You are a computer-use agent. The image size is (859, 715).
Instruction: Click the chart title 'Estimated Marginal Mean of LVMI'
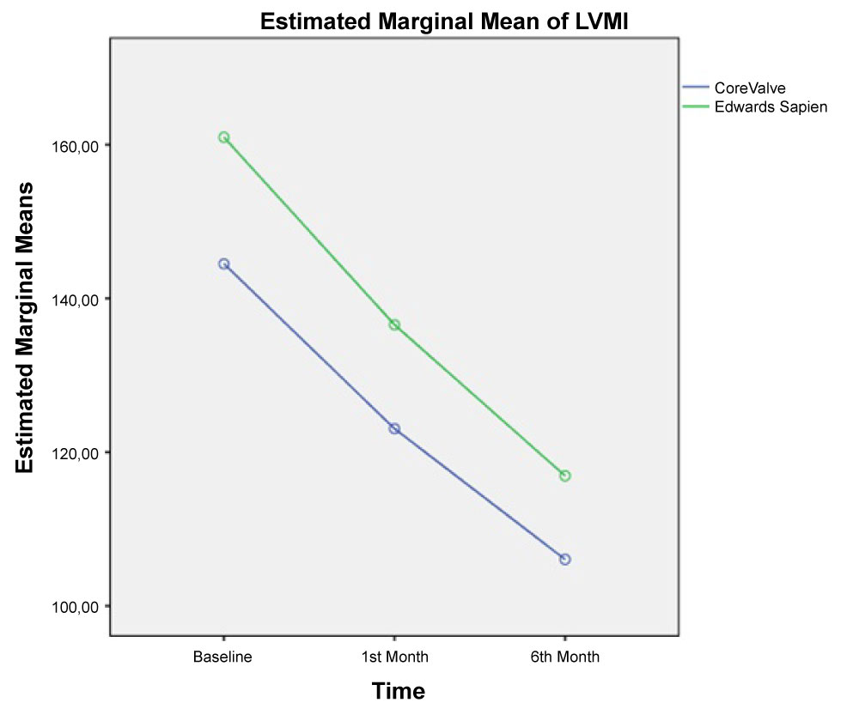pos(447,23)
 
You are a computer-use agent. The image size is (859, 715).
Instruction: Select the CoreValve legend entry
pos(750,88)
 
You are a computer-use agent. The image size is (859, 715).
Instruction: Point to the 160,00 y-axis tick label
pos(72,146)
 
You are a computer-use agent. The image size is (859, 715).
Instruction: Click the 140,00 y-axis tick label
pos(72,300)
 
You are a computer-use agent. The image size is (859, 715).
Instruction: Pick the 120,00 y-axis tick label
pos(72,453)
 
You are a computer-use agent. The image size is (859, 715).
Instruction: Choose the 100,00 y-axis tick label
pos(72,607)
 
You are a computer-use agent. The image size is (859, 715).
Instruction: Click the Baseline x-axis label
pos(222,657)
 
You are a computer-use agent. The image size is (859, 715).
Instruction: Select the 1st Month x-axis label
pos(393,657)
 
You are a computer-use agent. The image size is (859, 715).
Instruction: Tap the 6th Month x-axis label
pos(564,657)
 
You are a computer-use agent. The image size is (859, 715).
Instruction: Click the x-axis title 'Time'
pos(398,691)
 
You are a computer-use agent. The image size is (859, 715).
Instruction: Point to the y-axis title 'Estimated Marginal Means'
pos(25,327)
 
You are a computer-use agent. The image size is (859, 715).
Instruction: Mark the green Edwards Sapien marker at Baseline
pos(223,137)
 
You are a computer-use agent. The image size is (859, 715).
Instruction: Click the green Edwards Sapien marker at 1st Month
pos(394,325)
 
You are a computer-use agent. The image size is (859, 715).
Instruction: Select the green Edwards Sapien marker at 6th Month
pos(565,476)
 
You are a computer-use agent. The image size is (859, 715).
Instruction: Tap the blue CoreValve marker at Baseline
pos(223,264)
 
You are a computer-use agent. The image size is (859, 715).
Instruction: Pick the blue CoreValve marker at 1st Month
pos(394,428)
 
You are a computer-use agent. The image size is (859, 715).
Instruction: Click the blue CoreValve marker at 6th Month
pos(565,560)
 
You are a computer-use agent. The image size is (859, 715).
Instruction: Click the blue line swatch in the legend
pos(696,88)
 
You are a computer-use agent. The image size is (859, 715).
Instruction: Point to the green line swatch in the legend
pos(696,106)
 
